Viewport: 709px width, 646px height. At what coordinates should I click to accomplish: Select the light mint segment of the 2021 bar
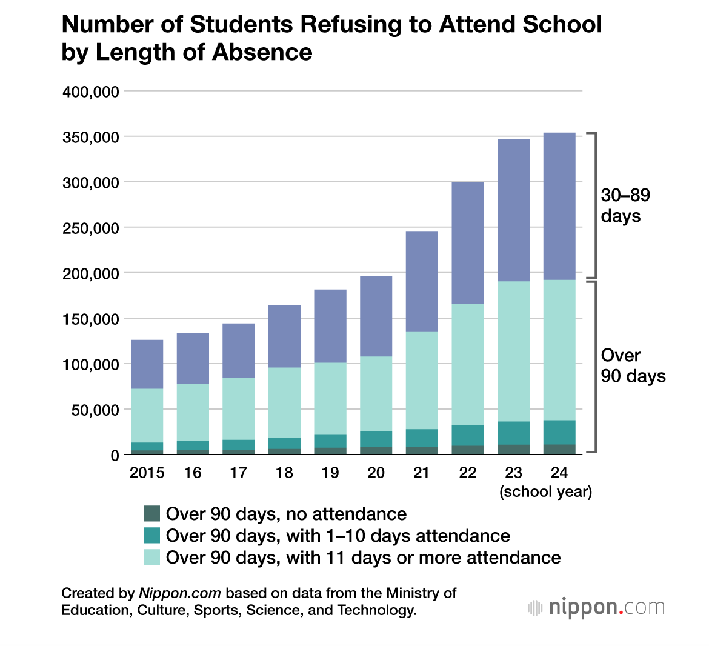tap(422, 381)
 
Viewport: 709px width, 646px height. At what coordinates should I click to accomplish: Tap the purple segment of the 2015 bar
tap(147, 364)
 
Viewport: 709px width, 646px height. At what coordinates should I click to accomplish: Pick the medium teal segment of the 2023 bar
tap(513, 433)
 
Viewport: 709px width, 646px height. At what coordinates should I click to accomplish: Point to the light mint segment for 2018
tap(284, 402)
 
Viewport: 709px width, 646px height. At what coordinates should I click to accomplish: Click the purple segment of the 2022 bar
tap(468, 243)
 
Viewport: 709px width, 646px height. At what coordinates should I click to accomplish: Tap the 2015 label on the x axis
tap(147, 473)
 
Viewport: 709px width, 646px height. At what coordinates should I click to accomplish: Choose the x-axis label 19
tap(330, 473)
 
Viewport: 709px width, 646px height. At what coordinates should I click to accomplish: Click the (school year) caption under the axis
tap(545, 491)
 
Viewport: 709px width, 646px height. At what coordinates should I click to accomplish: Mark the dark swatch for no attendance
tap(152, 514)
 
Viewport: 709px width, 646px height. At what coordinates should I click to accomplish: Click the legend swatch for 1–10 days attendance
tap(152, 536)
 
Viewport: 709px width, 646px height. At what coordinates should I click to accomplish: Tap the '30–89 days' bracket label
tap(625, 205)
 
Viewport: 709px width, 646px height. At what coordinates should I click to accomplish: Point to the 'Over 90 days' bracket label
tap(633, 365)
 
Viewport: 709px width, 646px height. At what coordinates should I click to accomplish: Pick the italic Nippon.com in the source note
tap(180, 593)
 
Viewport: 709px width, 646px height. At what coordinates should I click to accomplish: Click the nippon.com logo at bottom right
tap(596, 608)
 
